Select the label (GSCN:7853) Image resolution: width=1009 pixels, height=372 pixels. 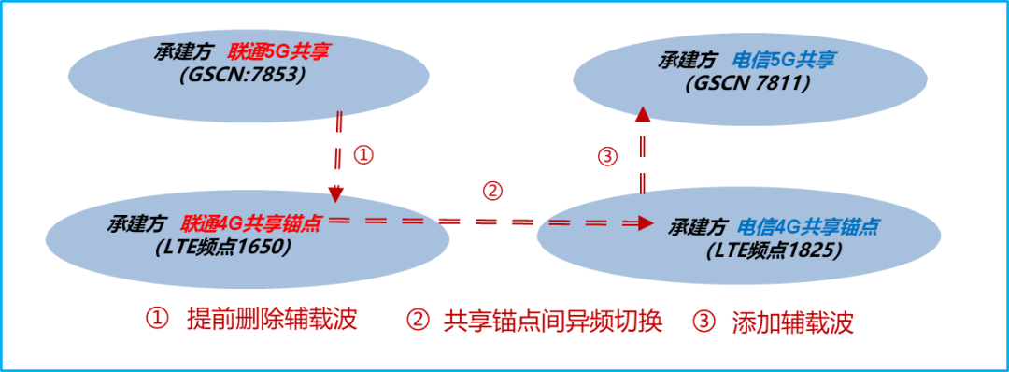tap(243, 75)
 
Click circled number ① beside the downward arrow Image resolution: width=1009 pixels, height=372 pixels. tap(364, 155)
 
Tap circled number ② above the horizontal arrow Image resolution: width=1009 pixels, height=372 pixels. tap(492, 191)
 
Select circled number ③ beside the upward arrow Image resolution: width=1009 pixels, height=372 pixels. tap(608, 156)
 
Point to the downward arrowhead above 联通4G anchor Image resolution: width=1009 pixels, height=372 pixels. tap(337, 193)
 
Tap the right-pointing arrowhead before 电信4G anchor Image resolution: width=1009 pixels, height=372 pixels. tap(646, 222)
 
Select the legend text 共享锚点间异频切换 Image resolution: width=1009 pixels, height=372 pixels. tap(552, 322)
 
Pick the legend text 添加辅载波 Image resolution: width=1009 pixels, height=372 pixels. tap(800, 322)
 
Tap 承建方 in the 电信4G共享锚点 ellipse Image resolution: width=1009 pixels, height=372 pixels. tap(699, 227)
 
